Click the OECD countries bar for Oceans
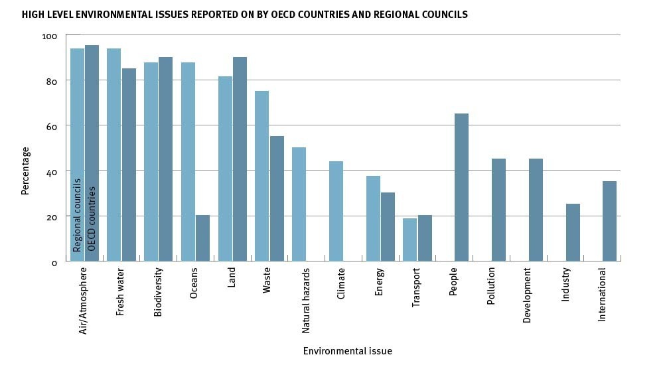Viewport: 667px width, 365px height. click(202, 238)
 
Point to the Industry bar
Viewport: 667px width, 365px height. click(573, 232)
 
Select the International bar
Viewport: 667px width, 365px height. click(609, 221)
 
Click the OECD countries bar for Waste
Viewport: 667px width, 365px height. click(277, 198)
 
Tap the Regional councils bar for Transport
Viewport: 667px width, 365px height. click(410, 240)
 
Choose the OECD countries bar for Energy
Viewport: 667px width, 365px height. click(388, 226)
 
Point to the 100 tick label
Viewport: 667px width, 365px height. click(50, 36)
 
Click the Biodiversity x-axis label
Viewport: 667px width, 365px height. click(158, 293)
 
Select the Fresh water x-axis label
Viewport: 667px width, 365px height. click(121, 292)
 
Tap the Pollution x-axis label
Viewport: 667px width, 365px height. click(491, 286)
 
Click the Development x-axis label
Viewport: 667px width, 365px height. click(528, 295)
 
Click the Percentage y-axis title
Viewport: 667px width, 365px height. click(26, 171)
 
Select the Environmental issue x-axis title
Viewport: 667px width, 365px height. click(347, 350)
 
